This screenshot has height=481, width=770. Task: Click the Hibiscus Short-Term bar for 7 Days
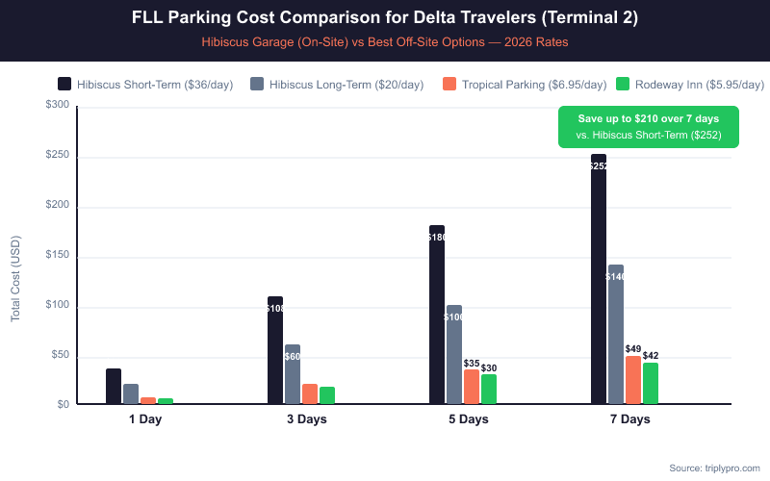(599, 279)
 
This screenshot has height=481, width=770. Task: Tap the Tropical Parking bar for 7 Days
(633, 380)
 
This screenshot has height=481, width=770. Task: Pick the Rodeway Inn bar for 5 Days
(489, 389)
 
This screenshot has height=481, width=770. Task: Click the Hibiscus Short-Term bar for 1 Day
(114, 386)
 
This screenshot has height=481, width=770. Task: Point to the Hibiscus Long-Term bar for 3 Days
(293, 374)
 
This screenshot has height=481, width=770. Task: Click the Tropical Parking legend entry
(525, 85)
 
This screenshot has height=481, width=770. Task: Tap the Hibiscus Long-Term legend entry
(336, 85)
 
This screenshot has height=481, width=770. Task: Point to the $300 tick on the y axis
(57, 105)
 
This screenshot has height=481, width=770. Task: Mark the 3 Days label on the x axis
(306, 419)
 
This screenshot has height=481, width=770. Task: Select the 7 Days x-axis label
(629, 419)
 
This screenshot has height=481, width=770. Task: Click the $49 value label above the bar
(633, 349)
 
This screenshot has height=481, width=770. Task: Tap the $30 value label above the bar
(489, 368)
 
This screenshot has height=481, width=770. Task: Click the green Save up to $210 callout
(648, 126)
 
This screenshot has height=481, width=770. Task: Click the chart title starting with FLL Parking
(384, 17)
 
